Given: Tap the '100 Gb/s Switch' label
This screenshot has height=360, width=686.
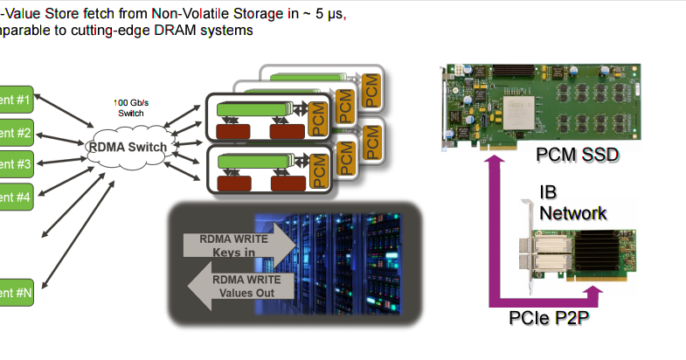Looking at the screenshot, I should coord(130,107).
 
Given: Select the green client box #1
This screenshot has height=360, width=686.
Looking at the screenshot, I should coord(16,100).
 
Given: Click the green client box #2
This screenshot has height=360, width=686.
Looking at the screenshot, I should coord(16,133).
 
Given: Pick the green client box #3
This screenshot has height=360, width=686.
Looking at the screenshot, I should coord(16,163).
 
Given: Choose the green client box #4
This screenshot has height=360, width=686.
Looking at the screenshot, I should coord(16,197).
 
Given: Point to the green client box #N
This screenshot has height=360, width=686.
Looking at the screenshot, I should coord(16,294).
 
